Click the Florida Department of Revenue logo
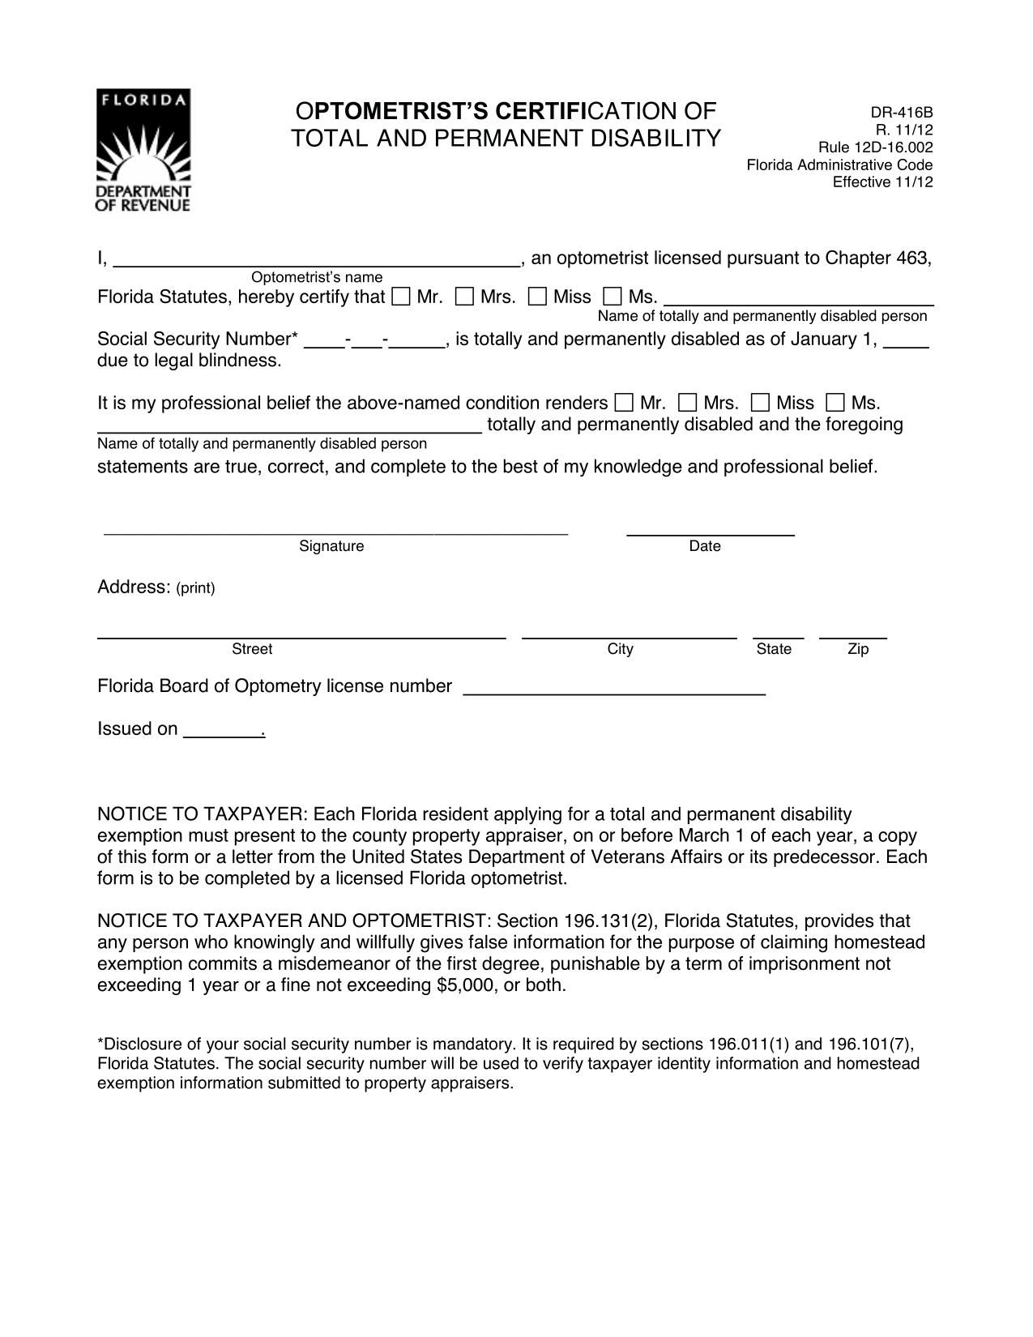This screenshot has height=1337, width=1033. (x=143, y=151)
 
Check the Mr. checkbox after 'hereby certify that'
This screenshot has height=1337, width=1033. (x=400, y=297)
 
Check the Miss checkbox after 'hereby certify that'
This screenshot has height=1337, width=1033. (x=537, y=297)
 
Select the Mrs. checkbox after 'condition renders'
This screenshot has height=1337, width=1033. (x=687, y=402)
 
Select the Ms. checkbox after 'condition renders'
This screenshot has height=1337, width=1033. (x=835, y=402)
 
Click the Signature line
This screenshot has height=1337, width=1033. (x=335, y=531)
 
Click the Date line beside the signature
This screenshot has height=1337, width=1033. (x=711, y=531)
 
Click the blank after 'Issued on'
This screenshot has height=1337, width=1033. (x=223, y=733)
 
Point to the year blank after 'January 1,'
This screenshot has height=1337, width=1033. (x=906, y=343)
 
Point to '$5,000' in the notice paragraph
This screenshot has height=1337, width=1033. (x=465, y=985)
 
